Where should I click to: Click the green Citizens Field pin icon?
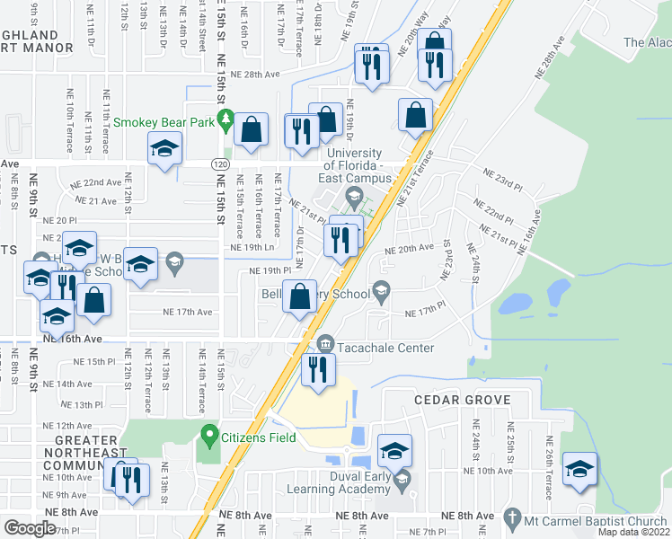209,437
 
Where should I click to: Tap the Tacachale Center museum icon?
325,343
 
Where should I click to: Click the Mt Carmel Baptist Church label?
596,520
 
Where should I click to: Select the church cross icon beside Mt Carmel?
512,519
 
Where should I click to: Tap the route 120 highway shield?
220,164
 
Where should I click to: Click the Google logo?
30,528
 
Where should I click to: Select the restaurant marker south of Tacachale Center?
317,369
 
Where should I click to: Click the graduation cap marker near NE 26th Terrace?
579,468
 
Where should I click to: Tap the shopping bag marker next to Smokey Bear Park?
252,128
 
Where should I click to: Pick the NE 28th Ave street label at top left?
255,75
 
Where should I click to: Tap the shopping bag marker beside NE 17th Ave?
300,296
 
